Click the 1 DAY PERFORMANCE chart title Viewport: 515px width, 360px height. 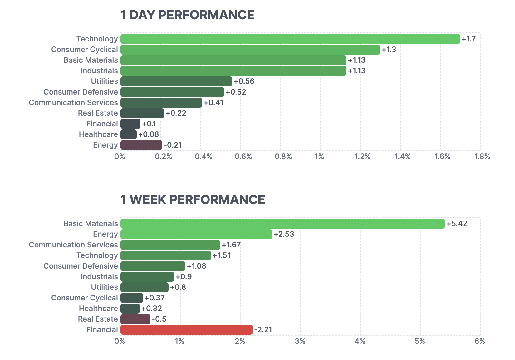pyautogui.click(x=187, y=15)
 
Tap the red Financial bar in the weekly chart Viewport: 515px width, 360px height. pyautogui.click(x=186, y=330)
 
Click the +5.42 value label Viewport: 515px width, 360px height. pyautogui.click(x=457, y=224)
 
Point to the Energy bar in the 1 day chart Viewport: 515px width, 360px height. pyautogui.click(x=141, y=145)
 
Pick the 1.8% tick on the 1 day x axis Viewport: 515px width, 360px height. pyautogui.click(x=482, y=157)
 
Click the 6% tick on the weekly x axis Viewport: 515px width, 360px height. pyautogui.click(x=480, y=341)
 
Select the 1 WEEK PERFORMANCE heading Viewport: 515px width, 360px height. pyautogui.click(x=193, y=200)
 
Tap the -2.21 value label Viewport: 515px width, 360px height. pyautogui.click(x=263, y=330)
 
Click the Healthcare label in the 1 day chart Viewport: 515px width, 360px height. pyautogui.click(x=98, y=134)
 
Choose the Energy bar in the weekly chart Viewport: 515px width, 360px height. pyautogui.click(x=196, y=234)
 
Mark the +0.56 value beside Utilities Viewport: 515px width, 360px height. pyautogui.click(x=244, y=81)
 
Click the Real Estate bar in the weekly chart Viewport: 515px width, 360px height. pyautogui.click(x=135, y=319)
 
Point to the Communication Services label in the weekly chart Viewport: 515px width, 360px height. pyautogui.click(x=73, y=245)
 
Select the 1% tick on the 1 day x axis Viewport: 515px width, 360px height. pyautogui.click(x=319, y=157)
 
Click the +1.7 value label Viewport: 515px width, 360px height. pyautogui.click(x=468, y=39)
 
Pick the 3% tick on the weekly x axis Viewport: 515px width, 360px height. pyautogui.click(x=300, y=341)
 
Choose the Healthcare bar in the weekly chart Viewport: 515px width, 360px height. pyautogui.click(x=130, y=309)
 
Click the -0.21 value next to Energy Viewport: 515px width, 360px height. pyautogui.click(x=173, y=145)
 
